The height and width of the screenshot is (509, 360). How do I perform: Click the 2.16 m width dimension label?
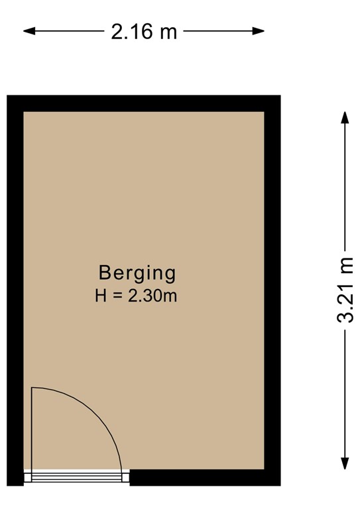[x=144, y=30]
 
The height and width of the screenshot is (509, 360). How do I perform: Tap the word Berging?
[x=137, y=272]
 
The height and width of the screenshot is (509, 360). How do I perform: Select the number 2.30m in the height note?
[x=152, y=296]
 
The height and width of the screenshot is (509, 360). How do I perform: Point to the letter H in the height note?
[x=101, y=296]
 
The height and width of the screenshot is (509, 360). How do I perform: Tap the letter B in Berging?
[x=104, y=272]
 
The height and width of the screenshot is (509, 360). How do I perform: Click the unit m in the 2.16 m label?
[x=168, y=31]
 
